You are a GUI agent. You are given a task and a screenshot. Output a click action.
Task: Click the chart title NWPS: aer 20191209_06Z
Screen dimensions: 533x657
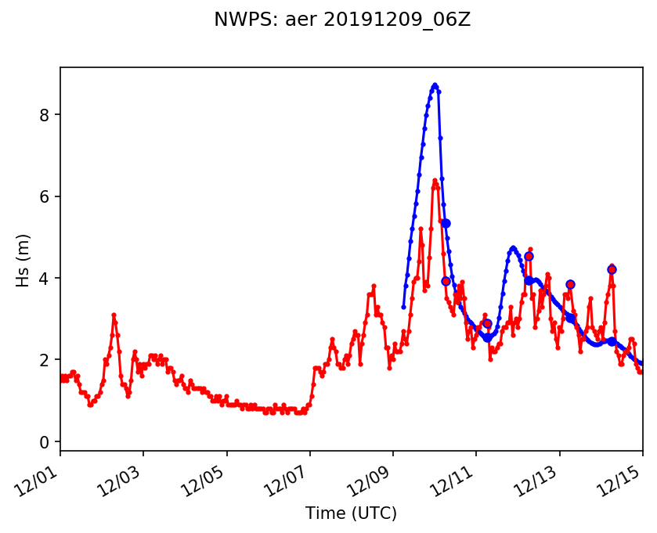[x=342, y=20]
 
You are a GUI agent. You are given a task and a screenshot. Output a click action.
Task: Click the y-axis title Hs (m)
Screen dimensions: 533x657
[x=23, y=260]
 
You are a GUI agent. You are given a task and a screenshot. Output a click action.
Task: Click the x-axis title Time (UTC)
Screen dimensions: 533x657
[x=351, y=513]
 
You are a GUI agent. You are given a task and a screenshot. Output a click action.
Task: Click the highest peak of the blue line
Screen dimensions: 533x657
[x=435, y=85]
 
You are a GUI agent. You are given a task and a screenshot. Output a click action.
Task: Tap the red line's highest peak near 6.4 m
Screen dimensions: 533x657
[x=435, y=180]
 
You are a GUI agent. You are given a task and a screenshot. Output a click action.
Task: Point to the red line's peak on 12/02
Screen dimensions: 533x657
[x=114, y=315]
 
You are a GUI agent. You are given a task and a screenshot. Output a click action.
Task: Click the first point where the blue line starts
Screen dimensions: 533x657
[x=403, y=307]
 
